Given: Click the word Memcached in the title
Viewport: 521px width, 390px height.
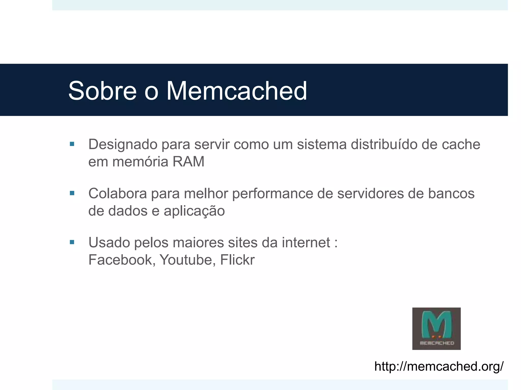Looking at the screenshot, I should point(237,91).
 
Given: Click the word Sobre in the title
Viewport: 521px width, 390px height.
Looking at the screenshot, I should point(103,91).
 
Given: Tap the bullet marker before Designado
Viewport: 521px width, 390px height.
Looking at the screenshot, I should point(72,144).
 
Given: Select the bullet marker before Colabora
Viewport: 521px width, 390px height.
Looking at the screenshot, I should point(72,193).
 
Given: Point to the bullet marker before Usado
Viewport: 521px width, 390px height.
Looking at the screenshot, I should point(72,242).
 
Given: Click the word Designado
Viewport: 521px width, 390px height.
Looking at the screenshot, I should point(123,145).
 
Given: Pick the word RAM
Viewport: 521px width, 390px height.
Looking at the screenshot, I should point(189,161).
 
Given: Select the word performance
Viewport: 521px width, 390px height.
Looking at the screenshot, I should point(272,194).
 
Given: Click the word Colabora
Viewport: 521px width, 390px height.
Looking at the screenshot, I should point(118,193).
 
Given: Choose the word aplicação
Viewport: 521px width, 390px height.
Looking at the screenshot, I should point(194,211).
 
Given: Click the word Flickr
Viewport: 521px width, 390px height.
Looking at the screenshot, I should point(237,260).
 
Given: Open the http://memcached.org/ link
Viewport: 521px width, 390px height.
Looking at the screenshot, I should point(439,366).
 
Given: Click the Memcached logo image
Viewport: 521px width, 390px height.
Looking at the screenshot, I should point(436,329).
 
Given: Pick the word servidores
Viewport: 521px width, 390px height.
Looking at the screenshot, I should point(370,193).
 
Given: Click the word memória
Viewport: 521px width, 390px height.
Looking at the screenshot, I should point(140,161).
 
